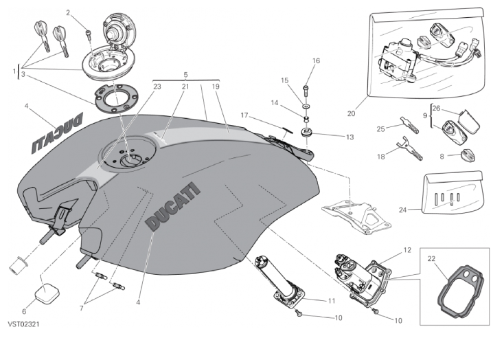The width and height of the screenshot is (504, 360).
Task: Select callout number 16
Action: (317, 61)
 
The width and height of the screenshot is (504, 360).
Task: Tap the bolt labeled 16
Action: (306, 90)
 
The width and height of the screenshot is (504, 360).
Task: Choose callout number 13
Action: (350, 137)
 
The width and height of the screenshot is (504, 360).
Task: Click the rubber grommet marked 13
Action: (307, 131)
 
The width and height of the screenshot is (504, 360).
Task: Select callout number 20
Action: (352, 113)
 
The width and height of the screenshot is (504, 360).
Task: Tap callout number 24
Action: (402, 210)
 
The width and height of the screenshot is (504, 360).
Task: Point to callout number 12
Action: (406, 250)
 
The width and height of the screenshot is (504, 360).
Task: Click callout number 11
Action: (331, 300)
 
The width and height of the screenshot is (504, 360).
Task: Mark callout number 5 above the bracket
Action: (185, 74)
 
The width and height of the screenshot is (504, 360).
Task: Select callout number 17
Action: (244, 115)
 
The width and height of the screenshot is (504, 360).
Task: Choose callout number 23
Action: (157, 87)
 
